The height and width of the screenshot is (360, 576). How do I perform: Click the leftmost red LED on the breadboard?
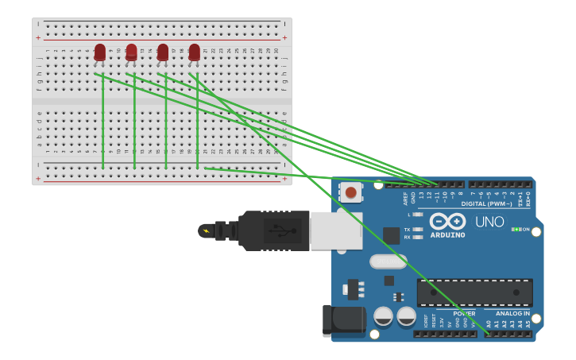pyautogui.click(x=99, y=52)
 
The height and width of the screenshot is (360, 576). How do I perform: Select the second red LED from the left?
pyautogui.click(x=131, y=52)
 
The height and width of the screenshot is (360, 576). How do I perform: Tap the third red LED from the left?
pyautogui.click(x=163, y=52)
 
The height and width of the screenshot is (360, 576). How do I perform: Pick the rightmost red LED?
pyautogui.click(x=194, y=52)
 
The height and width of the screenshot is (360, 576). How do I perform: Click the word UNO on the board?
pyautogui.click(x=489, y=222)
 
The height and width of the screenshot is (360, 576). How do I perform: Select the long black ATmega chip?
pyautogui.click(x=474, y=292)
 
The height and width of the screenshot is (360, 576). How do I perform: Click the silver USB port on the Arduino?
pyautogui.click(x=336, y=230)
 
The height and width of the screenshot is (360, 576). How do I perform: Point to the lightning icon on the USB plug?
pyautogui.click(x=207, y=231)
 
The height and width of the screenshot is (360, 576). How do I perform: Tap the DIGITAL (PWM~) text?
pyautogui.click(x=486, y=203)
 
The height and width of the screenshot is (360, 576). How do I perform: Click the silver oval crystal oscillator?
pyautogui.click(x=389, y=261)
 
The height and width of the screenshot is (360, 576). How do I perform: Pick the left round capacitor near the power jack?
pyautogui.click(x=383, y=315)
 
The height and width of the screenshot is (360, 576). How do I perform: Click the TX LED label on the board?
pyautogui.click(x=407, y=229)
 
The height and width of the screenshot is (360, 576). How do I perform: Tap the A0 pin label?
pyautogui.click(x=489, y=323)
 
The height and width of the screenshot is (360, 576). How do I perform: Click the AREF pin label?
pyautogui.click(x=404, y=196)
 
